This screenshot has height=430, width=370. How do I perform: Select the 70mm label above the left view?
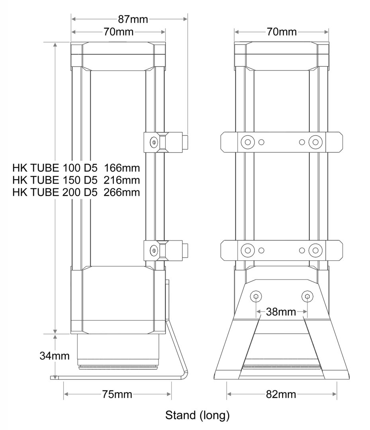pos(118,32)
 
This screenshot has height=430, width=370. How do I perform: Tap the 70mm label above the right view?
pos(281,32)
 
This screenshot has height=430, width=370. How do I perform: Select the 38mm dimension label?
pos(281,312)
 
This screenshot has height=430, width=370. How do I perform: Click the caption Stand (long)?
pos(198,416)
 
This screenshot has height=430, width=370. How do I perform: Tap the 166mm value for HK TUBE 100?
pos(122,166)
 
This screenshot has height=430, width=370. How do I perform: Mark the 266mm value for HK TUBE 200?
pos(122,193)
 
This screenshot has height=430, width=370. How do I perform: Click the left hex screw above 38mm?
pos(256,296)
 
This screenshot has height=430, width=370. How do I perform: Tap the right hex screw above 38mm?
pos(307,296)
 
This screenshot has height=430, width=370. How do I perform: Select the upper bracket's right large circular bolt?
pos(315,142)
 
